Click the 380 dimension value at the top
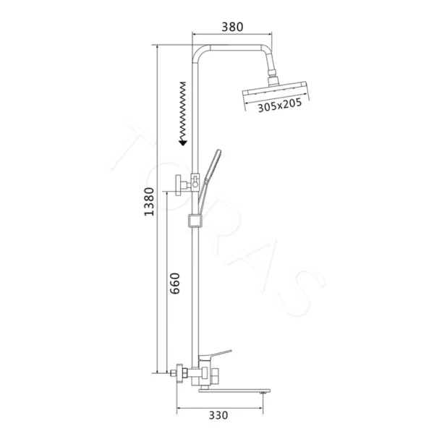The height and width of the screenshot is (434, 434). pos(232,26)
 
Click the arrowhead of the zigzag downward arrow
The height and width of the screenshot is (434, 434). pos(184,142)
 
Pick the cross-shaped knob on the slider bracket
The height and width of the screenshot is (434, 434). pos(178,186)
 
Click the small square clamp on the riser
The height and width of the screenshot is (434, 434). pos(192,220)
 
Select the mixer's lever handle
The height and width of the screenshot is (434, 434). pos(218,355)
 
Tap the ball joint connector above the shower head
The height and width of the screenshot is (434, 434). pos(273,74)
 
